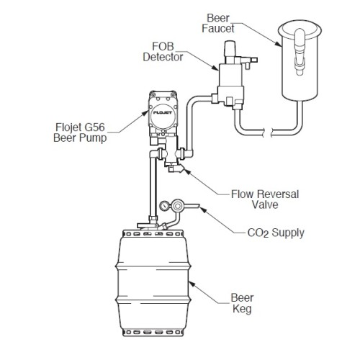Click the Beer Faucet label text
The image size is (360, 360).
(218, 23)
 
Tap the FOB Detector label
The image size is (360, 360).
(163, 52)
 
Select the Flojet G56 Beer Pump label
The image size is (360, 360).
(80, 132)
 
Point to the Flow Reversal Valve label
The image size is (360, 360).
(265, 199)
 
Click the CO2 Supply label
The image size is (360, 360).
(276, 233)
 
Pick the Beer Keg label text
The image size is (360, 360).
(242, 303)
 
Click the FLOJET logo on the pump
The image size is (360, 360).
(163, 112)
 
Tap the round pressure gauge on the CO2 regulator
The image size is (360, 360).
(164, 206)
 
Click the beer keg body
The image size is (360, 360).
(153, 283)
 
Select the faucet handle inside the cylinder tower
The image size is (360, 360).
(300, 52)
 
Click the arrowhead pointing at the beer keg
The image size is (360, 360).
(192, 284)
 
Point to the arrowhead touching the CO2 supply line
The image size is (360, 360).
(203, 210)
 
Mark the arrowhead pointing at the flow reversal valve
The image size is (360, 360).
(187, 171)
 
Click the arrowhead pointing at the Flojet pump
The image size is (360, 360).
(145, 113)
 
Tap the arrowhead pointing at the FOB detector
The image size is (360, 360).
(215, 68)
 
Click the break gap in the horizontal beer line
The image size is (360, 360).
(268, 132)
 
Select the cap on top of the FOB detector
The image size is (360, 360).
(230, 48)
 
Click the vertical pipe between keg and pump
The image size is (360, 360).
(153, 187)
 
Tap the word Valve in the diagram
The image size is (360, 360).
(265, 204)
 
